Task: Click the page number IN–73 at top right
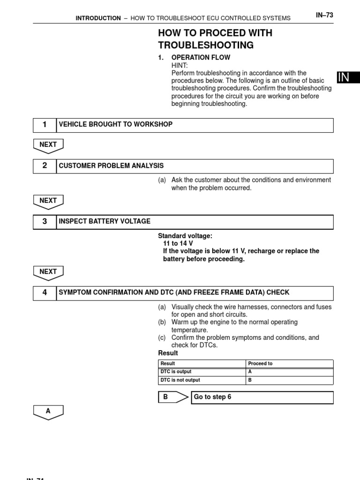pyautogui.click(x=324, y=15)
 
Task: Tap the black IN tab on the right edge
pyautogui.click(x=347, y=78)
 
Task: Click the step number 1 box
pyautogui.click(x=45, y=125)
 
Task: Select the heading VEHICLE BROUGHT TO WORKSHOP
pyautogui.click(x=115, y=125)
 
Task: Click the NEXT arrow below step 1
pyautogui.click(x=48, y=146)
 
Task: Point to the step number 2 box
pyautogui.click(x=45, y=166)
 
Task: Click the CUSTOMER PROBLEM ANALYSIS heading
pyautogui.click(x=111, y=166)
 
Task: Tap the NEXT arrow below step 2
pyautogui.click(x=48, y=202)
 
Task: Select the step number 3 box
pyautogui.click(x=45, y=222)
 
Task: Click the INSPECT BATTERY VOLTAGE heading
pyautogui.click(x=105, y=222)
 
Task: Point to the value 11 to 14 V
pyautogui.click(x=178, y=244)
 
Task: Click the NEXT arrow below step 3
pyautogui.click(x=48, y=272)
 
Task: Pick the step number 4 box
pyautogui.click(x=45, y=292)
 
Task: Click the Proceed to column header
pyautogui.click(x=260, y=364)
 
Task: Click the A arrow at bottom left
pyautogui.click(x=48, y=412)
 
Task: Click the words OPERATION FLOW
pyautogui.click(x=201, y=57)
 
